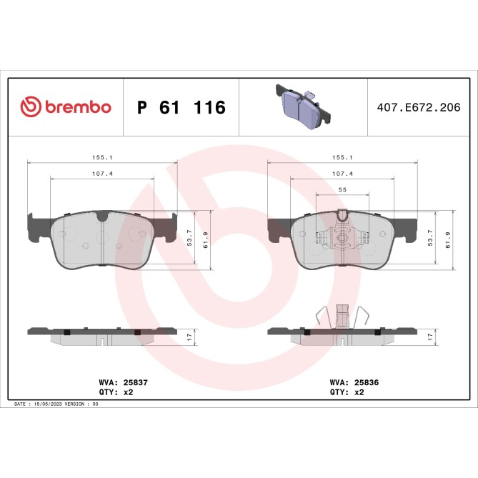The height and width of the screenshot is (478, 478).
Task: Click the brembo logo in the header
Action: tap(66, 107)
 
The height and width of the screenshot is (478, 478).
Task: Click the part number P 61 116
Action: tap(181, 108)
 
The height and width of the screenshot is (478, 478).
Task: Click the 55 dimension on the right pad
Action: tap(342, 189)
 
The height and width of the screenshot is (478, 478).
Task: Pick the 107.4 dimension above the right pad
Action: tap(342, 173)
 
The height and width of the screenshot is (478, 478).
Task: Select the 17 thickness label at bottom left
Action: tap(189, 335)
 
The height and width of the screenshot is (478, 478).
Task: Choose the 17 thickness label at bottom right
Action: tap(429, 335)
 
